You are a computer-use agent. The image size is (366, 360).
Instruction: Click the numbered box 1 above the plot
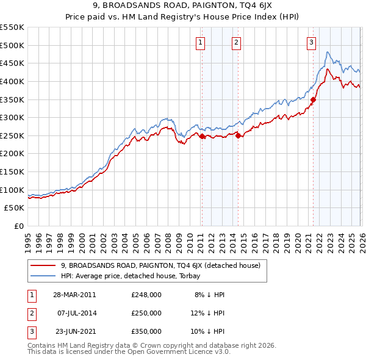click(x=201, y=42)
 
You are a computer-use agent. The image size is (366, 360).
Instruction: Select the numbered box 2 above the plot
click(x=236, y=42)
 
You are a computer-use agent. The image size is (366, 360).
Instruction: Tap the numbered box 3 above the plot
click(x=311, y=42)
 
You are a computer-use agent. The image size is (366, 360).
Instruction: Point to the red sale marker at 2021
click(x=313, y=99)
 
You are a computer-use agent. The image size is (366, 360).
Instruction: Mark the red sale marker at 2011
click(x=203, y=137)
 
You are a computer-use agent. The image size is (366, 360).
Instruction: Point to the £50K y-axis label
click(x=15, y=208)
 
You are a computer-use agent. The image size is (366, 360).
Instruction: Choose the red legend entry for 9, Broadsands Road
click(x=160, y=265)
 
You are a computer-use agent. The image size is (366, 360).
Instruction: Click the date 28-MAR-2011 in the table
click(x=74, y=294)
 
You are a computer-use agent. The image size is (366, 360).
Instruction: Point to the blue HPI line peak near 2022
click(x=328, y=52)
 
